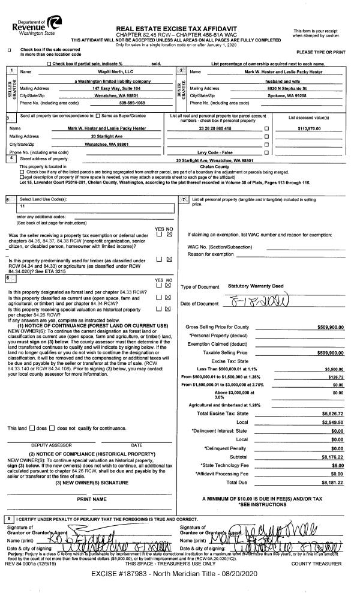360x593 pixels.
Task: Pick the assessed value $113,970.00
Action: pyautogui.click(x=314, y=128)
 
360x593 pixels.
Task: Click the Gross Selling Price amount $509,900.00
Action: pyautogui.click(x=330, y=327)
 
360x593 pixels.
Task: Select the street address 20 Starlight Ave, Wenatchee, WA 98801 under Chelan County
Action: pyautogui.click(x=223, y=160)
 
